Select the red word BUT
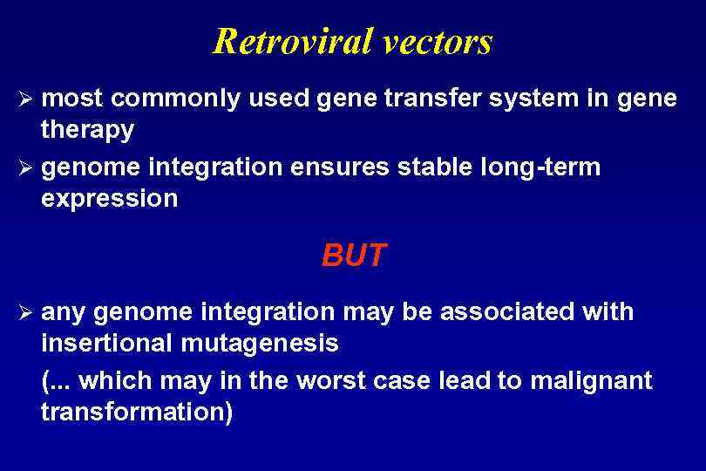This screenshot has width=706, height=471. [353, 256]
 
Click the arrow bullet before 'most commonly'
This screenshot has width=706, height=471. [26, 99]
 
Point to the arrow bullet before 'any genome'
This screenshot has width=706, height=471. [26, 312]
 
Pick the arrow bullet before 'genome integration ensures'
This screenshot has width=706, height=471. [26, 167]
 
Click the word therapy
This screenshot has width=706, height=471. [87, 131]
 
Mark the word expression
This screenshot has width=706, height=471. [109, 199]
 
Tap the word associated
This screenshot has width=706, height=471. [510, 312]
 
